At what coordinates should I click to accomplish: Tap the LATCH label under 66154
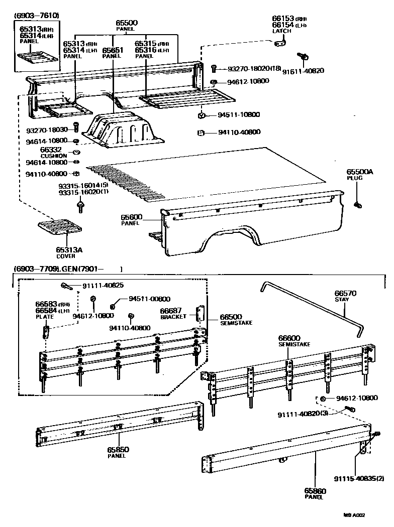(278, 31)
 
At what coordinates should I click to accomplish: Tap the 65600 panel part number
(132, 217)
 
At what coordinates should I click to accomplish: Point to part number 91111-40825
(103, 286)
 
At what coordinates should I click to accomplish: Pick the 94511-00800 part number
(149, 298)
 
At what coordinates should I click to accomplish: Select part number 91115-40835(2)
(359, 478)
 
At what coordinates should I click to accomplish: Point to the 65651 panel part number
(113, 50)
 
